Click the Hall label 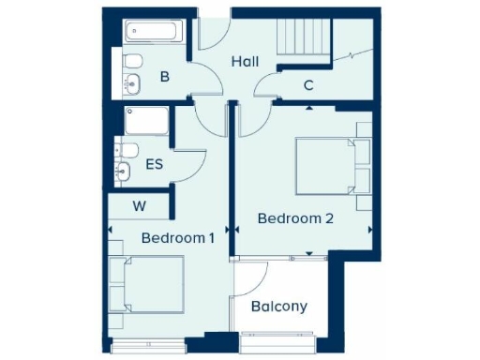[x=246, y=62]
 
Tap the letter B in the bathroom [x=164, y=77]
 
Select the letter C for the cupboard [x=308, y=86]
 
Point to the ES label [x=155, y=165]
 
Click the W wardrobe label [x=139, y=205]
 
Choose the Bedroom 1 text [x=178, y=238]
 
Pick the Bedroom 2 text [x=296, y=219]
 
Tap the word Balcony [x=278, y=307]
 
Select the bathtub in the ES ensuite [x=147, y=120]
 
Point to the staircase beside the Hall [x=303, y=41]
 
